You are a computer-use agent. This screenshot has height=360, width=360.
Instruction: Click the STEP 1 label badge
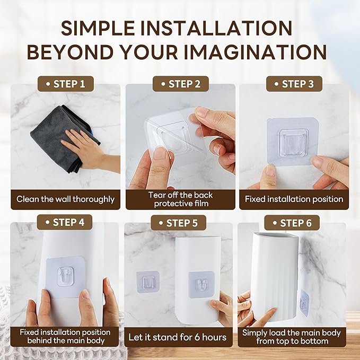point(66,84)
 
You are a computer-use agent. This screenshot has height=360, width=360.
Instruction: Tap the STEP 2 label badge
point(181,84)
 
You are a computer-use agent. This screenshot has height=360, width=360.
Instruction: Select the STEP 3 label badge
point(294,84)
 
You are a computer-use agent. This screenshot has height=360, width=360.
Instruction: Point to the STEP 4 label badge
point(65,222)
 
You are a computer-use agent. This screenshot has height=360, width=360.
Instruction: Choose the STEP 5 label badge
point(178,223)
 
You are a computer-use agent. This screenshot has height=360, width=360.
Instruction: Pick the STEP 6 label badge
point(292,223)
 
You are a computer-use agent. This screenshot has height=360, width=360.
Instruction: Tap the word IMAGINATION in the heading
point(255,52)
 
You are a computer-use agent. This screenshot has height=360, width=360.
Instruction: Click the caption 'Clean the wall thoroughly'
point(65,199)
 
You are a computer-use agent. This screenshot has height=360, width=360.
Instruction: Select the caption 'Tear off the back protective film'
point(181,199)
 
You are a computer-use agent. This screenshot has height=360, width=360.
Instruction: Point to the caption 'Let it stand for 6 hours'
point(178,337)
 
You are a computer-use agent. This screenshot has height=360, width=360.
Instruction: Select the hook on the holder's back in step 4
point(66,276)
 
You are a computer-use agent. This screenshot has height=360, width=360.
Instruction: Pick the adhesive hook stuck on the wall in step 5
point(147,282)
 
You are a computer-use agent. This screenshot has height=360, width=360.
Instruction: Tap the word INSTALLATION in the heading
point(216,28)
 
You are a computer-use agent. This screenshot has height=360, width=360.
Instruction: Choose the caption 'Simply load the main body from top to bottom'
point(292,337)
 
